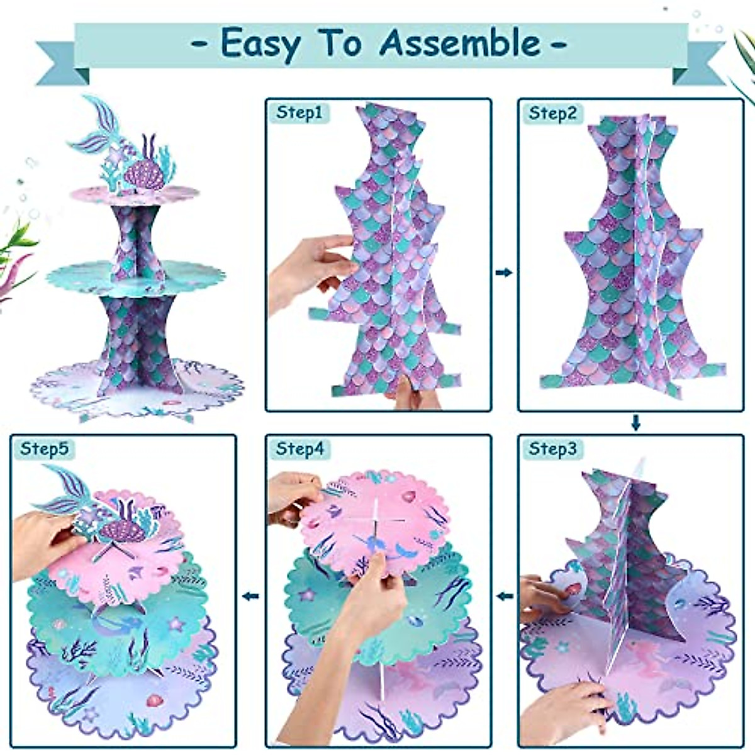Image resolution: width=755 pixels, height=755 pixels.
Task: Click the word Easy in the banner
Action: coord(260,44)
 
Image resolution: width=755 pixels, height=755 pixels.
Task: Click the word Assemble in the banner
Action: coord(459,43)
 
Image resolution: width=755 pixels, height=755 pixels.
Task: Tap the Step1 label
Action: coord(299,113)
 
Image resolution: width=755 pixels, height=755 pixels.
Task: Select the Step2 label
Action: coord(552,113)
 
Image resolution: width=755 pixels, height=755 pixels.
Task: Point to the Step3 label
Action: coord(552,449)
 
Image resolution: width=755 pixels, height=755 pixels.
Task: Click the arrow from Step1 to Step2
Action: coord(504,272)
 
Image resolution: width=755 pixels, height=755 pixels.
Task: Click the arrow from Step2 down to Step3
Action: coord(635,423)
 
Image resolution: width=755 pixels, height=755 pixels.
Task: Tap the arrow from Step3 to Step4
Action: coord(504,596)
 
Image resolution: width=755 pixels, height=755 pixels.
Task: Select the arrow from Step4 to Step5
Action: coord(251,596)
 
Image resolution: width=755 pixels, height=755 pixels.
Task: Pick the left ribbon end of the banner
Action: coord(60,63)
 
